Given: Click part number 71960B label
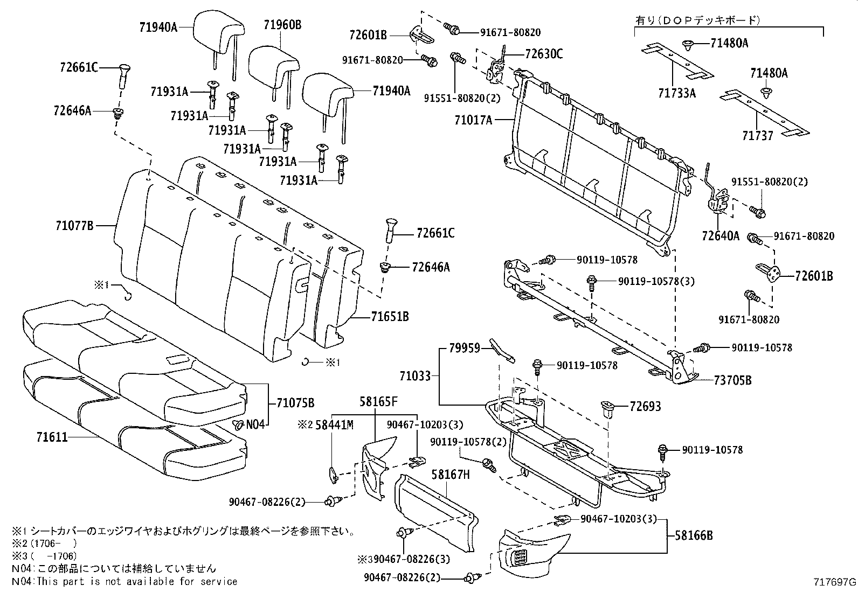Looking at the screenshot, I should pos(282,24).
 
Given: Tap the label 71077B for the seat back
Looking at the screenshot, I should pos(74,226).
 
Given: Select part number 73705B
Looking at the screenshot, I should pos(732,380).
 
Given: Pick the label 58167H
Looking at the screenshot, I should pos(451,475).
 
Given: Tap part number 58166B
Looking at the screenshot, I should pos(694,535).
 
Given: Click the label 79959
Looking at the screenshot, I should pos(464,349).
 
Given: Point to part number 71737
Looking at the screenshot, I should pos(757,136).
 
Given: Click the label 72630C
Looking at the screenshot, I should pos(543,54).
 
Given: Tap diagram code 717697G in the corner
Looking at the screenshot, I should pos(835,582).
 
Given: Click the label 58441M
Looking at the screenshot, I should pos(334,425).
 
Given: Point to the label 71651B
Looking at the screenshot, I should pos(390,317).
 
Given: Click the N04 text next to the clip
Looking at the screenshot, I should pos(256,424).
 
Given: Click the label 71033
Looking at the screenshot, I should pos(415,375).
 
